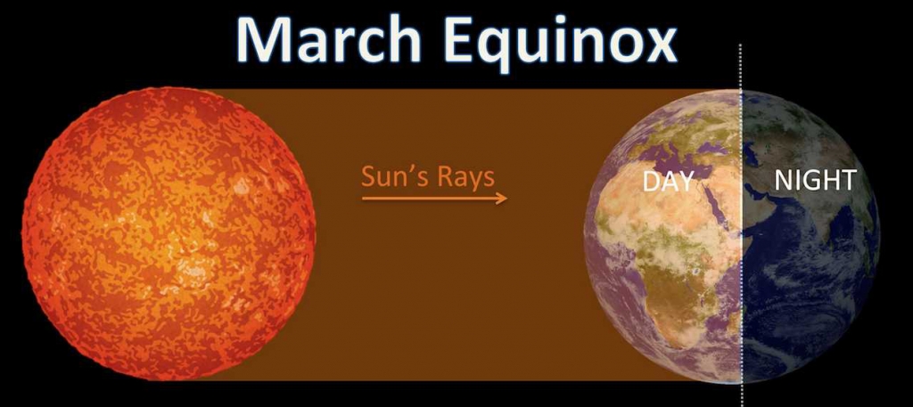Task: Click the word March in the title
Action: (x=328, y=39)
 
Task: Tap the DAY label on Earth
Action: (x=669, y=182)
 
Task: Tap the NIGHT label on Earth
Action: (x=815, y=180)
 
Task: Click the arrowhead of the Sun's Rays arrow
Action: (x=502, y=199)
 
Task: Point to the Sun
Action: (x=169, y=233)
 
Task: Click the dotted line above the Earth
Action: (x=741, y=67)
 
